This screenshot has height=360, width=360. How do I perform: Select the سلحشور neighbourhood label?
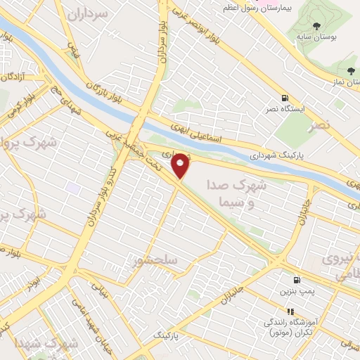[x=157, y=261]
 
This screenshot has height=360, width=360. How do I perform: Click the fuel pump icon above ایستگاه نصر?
[x=284, y=98]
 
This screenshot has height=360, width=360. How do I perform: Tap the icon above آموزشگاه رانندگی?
[x=289, y=311]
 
